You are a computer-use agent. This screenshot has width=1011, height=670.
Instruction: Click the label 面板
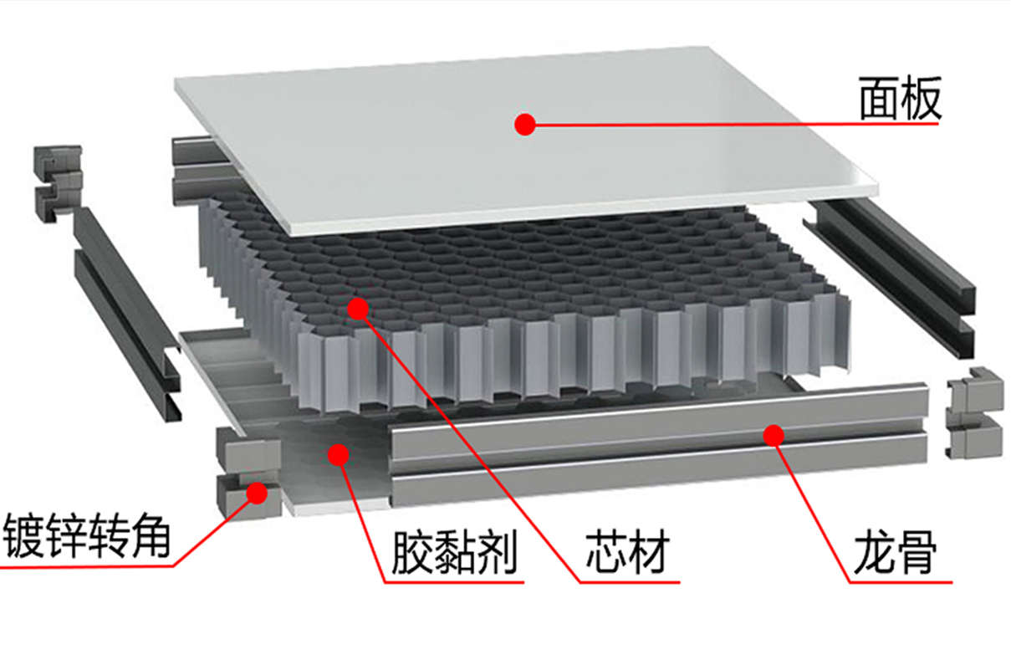(900, 99)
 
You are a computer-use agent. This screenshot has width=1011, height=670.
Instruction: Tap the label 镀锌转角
(87, 535)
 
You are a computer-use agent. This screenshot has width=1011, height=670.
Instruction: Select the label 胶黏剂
(454, 553)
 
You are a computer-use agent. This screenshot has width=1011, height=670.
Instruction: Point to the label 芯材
(628, 552)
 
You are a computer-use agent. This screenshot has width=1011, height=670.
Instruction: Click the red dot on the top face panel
(525, 124)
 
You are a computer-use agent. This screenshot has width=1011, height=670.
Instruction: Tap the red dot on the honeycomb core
(359, 309)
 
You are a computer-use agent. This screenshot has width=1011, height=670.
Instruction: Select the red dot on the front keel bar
(774, 435)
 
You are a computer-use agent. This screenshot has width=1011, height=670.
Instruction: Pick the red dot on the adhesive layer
(339, 455)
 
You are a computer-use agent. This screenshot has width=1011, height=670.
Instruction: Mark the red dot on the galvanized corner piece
(258, 493)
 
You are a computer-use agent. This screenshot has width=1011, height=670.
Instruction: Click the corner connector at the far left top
(59, 183)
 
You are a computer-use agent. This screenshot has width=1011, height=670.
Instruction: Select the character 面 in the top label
(879, 99)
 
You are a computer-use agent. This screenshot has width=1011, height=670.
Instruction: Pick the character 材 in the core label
(650, 552)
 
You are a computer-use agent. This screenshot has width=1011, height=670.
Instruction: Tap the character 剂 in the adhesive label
(497, 553)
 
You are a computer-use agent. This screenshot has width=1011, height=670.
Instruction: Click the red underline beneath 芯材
(630, 582)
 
